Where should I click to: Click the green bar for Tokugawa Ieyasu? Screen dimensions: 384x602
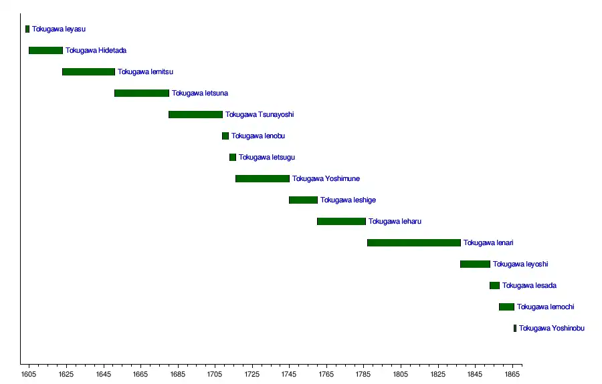(27, 29)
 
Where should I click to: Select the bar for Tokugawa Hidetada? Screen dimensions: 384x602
(45, 51)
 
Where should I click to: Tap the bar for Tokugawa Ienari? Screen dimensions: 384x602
(413, 243)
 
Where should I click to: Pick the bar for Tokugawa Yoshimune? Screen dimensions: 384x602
(262, 179)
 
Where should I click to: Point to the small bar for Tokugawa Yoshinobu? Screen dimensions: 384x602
(515, 329)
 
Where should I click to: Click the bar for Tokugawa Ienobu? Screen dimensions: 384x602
(225, 136)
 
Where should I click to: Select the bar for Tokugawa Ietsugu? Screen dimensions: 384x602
(233, 158)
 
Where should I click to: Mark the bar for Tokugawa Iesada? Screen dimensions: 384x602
(494, 286)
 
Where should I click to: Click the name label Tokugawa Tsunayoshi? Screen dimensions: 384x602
(260, 115)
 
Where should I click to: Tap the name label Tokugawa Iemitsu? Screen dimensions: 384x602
(145, 72)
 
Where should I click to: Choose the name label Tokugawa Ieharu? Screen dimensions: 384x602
(395, 222)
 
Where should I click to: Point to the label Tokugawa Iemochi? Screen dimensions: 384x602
(545, 307)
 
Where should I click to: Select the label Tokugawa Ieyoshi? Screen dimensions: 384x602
(520, 264)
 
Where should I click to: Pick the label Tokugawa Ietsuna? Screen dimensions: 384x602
(199, 93)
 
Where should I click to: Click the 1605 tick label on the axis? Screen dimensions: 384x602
(28, 375)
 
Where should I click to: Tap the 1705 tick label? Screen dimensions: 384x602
(215, 375)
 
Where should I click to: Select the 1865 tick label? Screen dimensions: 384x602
(513, 375)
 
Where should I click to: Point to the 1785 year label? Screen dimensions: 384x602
(364, 375)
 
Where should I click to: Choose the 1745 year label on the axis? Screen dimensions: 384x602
(289, 375)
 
